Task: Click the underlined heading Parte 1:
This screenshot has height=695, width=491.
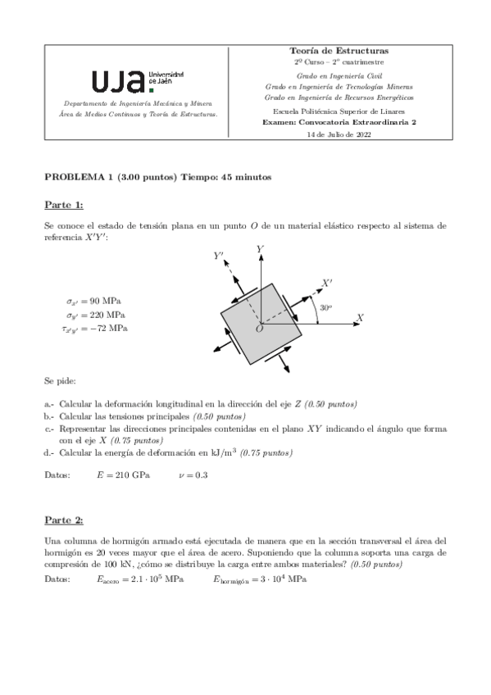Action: [x=63, y=204]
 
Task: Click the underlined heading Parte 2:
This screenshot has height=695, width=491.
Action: [x=63, y=520]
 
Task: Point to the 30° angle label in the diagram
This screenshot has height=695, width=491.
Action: [x=325, y=308]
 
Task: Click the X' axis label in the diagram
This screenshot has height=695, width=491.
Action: [x=327, y=283]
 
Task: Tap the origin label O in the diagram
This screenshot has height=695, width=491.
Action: [x=259, y=329]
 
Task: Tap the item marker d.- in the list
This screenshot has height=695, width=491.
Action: [x=49, y=452]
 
